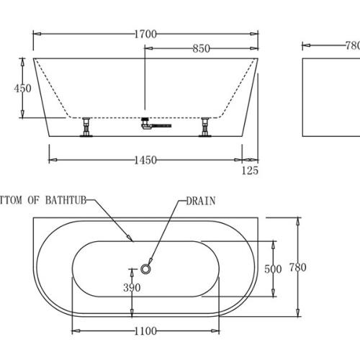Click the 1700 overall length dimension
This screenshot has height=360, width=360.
(145, 33)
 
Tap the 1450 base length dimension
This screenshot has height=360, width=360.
(145, 160)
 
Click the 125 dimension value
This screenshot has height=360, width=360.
(250, 171)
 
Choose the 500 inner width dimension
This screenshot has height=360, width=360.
(273, 269)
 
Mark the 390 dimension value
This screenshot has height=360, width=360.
(131, 288)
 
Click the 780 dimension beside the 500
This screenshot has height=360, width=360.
(297, 268)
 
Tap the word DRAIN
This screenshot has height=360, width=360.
(201, 201)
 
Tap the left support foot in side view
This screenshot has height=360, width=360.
(87, 128)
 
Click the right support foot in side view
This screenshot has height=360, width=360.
(205, 128)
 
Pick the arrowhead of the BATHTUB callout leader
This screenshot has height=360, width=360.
(132, 238)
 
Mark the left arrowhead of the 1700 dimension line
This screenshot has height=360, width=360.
(36, 33)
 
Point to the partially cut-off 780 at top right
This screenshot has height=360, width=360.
(352, 44)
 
